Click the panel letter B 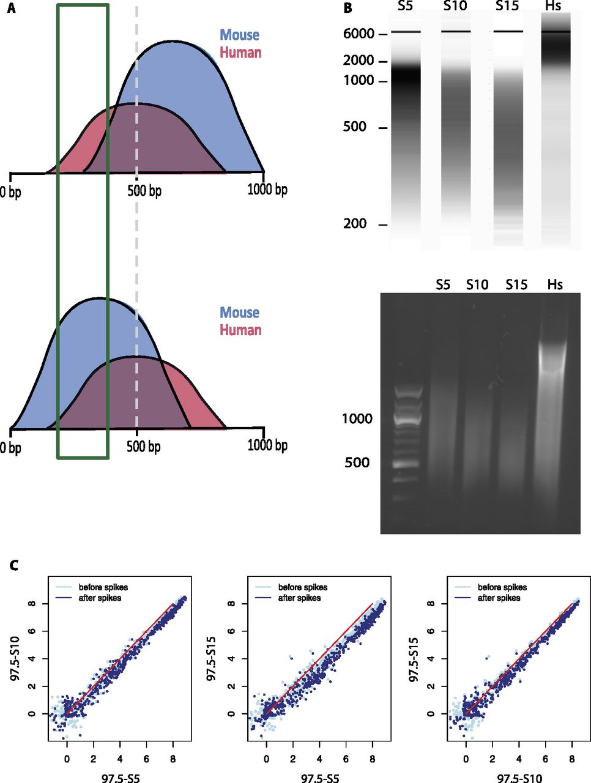pos(348,9)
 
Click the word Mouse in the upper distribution pos(240,35)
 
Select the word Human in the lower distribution pos(240,330)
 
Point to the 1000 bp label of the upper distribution pos(267,190)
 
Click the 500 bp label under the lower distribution pos(144,447)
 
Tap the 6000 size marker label pos(359,34)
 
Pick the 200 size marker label pos(355,225)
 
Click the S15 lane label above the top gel pos(507,6)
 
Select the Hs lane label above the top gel pos(556,6)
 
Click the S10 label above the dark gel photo pos(477,285)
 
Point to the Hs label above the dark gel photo pos(555,285)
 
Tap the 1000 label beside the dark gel pos(357,419)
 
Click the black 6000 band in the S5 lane pos(406,32)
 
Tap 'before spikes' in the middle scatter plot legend pos(302,587)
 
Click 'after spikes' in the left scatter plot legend pos(101,598)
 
